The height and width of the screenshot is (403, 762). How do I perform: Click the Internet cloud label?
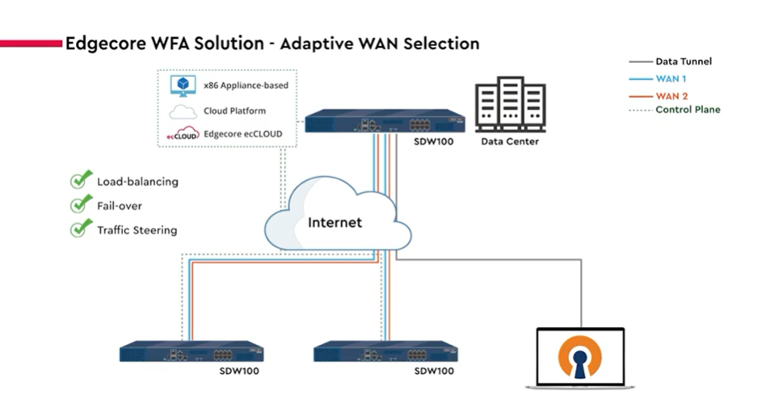coord(335,221)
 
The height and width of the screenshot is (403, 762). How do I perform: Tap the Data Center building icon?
coord(510,104)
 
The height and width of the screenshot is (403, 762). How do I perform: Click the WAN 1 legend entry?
coord(671,78)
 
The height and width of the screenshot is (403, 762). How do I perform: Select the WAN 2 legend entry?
coord(671,95)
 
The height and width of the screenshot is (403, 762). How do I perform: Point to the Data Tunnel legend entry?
coord(683,61)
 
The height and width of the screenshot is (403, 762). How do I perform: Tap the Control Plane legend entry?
coord(687,110)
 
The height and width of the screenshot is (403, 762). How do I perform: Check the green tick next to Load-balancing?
coord(78,180)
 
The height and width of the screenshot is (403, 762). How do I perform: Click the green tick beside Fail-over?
coord(78,204)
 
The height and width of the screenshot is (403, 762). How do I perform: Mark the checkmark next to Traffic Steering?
coord(78,229)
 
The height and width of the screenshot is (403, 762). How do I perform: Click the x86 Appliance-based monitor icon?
coord(183,85)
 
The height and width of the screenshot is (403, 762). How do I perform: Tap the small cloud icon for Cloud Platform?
coord(183,111)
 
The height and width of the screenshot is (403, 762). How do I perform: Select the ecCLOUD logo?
coord(183,133)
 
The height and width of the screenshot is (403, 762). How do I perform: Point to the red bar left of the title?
coord(31,42)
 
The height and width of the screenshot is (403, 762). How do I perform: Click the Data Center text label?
coord(510,142)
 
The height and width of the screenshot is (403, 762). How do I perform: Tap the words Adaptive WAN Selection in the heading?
coord(379,43)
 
